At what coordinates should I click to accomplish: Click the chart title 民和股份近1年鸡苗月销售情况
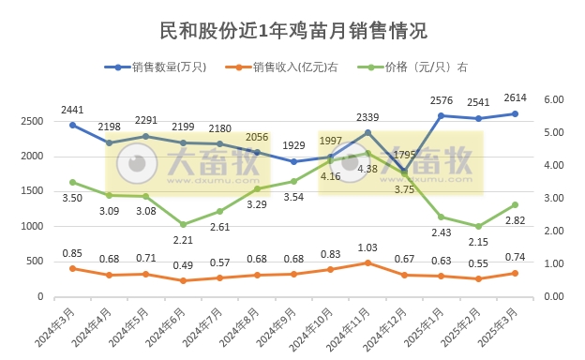point(293,30)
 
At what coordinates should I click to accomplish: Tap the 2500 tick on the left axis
point(32,122)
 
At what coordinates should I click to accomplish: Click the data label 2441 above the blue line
point(72,110)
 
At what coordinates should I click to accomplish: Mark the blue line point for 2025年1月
point(441,115)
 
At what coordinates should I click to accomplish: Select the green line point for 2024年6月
point(183,224)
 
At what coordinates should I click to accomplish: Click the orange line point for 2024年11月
point(367,262)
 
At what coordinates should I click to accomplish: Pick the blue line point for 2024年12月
point(404,171)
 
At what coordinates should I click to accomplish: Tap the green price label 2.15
point(478,242)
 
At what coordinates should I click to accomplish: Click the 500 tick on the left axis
point(35,262)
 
